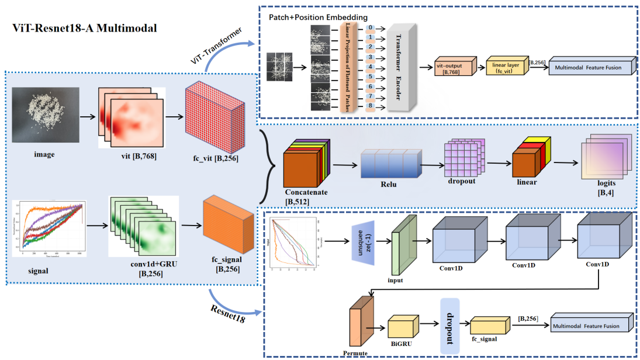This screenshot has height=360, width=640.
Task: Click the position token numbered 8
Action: (371, 106)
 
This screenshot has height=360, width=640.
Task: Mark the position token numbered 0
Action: (371, 27)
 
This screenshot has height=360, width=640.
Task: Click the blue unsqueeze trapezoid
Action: (362, 241)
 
